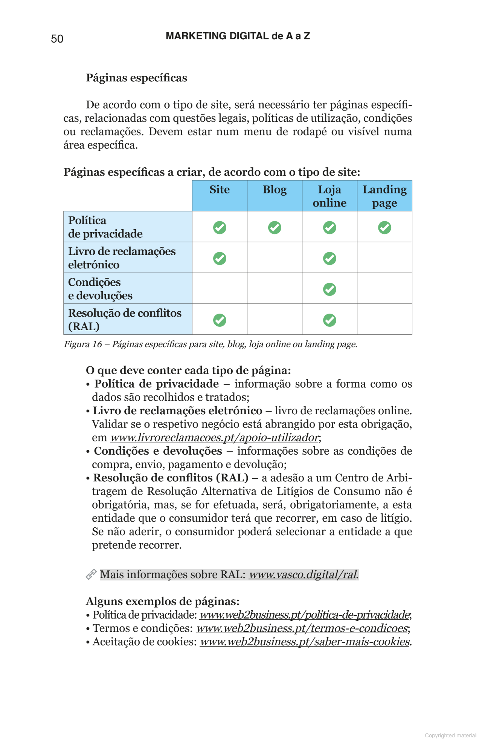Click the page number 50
point(57,39)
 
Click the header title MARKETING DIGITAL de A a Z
point(238,36)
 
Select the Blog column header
point(275,190)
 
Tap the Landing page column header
point(384,196)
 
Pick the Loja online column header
point(329,196)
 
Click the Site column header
point(220,190)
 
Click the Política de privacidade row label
point(105,227)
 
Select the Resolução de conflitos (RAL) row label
point(124,319)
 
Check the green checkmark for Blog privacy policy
point(275,228)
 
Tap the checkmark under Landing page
point(384,228)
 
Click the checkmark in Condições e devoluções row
point(329,289)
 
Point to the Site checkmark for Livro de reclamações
point(220,259)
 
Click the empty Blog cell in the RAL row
point(275,319)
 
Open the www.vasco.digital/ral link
point(302,574)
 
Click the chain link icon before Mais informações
point(91,574)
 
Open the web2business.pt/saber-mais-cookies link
point(304,642)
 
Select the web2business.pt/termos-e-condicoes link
point(302,628)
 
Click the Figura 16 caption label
point(83,344)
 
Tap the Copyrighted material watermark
point(450,735)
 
